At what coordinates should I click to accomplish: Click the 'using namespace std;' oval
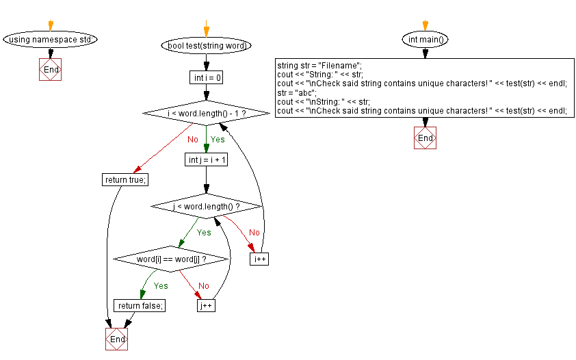tap(51, 39)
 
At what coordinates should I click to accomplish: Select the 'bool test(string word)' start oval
tap(206, 46)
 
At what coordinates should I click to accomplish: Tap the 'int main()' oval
tap(425, 39)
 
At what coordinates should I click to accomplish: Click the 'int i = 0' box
tap(206, 78)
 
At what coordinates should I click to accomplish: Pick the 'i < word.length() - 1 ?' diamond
tap(206, 112)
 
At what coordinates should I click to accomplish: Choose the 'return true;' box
tap(126, 179)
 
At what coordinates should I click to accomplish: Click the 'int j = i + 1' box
tap(206, 159)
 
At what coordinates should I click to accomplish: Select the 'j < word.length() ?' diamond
tap(206, 206)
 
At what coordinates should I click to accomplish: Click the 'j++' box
tap(206, 306)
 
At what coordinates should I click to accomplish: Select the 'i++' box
tap(259, 259)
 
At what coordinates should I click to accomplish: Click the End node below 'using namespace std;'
tap(51, 70)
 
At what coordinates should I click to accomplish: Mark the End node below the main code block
tap(425, 138)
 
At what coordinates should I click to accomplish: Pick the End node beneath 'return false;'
tap(117, 339)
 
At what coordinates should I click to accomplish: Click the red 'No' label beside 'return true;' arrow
tap(193, 140)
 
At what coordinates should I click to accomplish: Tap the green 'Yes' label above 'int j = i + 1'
tap(218, 140)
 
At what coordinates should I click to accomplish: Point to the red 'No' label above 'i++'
tap(254, 233)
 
